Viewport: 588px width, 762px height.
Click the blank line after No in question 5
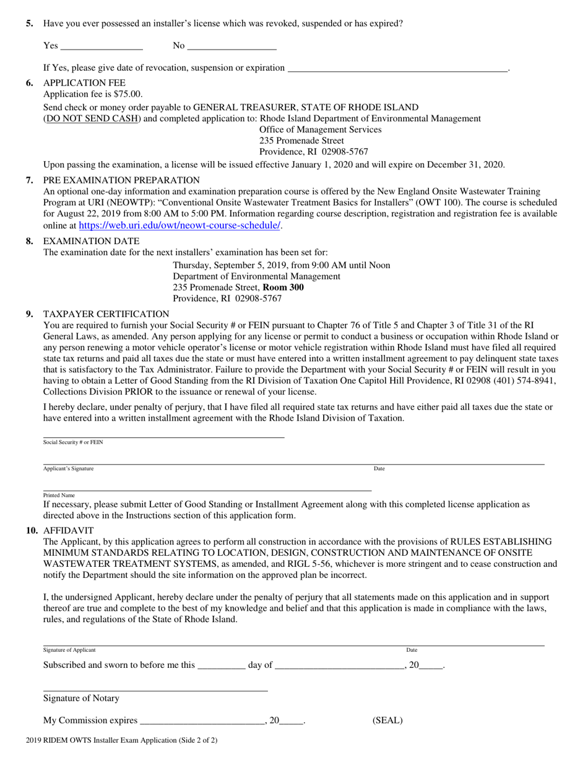click(231, 46)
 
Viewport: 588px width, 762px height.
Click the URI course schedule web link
click(179, 226)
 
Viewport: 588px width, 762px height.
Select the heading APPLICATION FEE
click(84, 83)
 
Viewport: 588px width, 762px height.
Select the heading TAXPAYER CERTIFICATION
click(106, 314)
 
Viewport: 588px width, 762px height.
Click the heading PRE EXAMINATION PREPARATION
click(121, 180)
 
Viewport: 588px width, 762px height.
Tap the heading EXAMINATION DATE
click(91, 241)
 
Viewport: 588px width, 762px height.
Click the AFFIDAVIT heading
click(68, 530)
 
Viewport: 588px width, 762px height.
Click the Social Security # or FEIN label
click(73, 442)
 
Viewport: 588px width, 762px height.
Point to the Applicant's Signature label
click(68, 468)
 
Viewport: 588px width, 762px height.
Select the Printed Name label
click(59, 495)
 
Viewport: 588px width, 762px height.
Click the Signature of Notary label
click(81, 698)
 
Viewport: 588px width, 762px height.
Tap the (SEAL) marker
click(387, 720)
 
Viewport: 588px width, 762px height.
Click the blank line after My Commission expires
click(202, 720)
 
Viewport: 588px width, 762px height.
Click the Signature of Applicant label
click(69, 650)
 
